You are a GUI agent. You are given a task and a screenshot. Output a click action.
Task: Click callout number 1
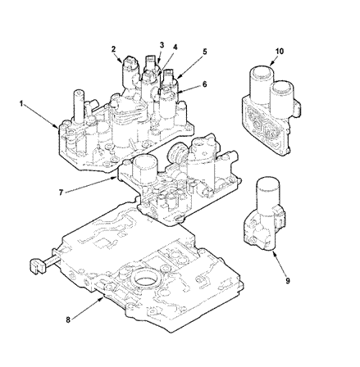21,103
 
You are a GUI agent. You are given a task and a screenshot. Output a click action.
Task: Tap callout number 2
113,49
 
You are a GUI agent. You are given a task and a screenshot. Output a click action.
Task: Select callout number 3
162,45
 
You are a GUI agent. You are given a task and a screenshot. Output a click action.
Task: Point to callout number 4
175,48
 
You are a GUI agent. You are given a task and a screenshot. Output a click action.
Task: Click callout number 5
204,52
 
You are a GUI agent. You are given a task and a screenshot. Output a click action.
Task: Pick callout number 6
204,84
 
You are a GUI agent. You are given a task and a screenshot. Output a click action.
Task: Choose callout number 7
61,193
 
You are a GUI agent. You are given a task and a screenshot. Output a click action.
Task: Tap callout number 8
68,319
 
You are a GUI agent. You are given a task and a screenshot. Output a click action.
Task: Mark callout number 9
288,280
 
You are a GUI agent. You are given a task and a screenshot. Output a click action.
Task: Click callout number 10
280,51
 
